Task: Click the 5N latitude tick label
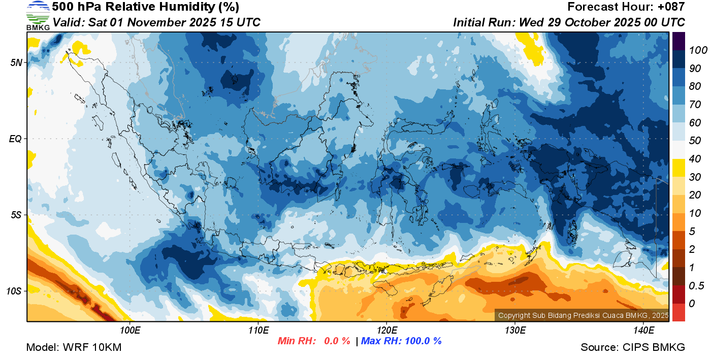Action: (17, 62)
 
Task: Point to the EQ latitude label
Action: (16, 139)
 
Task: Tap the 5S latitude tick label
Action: (17, 215)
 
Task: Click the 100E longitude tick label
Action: (130, 331)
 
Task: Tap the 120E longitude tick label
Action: (386, 331)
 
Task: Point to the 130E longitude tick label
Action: (515, 331)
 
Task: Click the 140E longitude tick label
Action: (643, 331)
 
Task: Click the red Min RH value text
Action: (313, 341)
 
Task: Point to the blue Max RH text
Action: (401, 341)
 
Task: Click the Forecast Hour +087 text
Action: (626, 7)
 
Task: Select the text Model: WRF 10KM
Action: (74, 347)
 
